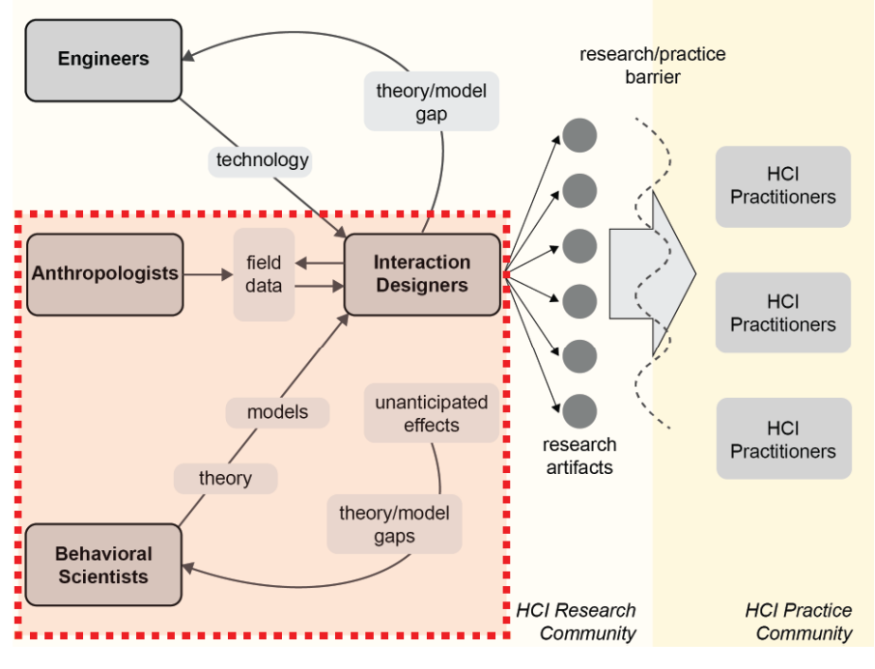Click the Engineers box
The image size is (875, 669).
click(x=103, y=60)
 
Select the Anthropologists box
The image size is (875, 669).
click(x=105, y=274)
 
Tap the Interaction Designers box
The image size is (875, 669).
click(x=422, y=274)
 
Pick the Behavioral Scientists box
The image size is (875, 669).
click(x=103, y=565)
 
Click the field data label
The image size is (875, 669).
click(x=264, y=274)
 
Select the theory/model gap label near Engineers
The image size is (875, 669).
click(x=432, y=101)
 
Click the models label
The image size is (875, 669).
click(x=277, y=413)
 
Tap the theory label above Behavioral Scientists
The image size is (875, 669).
click(x=225, y=479)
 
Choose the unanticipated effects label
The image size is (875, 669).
click(x=432, y=413)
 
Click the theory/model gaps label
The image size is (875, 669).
click(x=395, y=524)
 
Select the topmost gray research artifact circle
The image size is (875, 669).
click(x=579, y=135)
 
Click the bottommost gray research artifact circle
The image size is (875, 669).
click(x=579, y=412)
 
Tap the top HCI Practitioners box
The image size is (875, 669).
click(x=783, y=187)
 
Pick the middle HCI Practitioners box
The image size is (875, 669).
click(x=783, y=313)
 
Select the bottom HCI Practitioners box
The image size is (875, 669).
click(x=784, y=438)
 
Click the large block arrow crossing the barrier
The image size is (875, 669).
click(x=652, y=274)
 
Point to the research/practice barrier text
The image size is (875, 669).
click(x=652, y=66)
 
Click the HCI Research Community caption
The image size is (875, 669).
click(x=576, y=622)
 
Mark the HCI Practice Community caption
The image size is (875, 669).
click(x=799, y=622)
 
